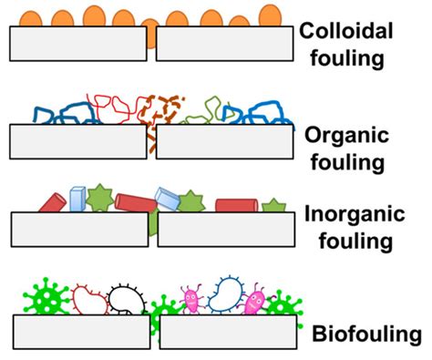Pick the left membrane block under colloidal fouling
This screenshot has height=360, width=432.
coord(77,43)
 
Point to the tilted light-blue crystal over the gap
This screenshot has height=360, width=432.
coord(170,199)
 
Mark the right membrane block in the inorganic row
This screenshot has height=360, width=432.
coord(229,229)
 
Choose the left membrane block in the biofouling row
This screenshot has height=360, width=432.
coord(81,331)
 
